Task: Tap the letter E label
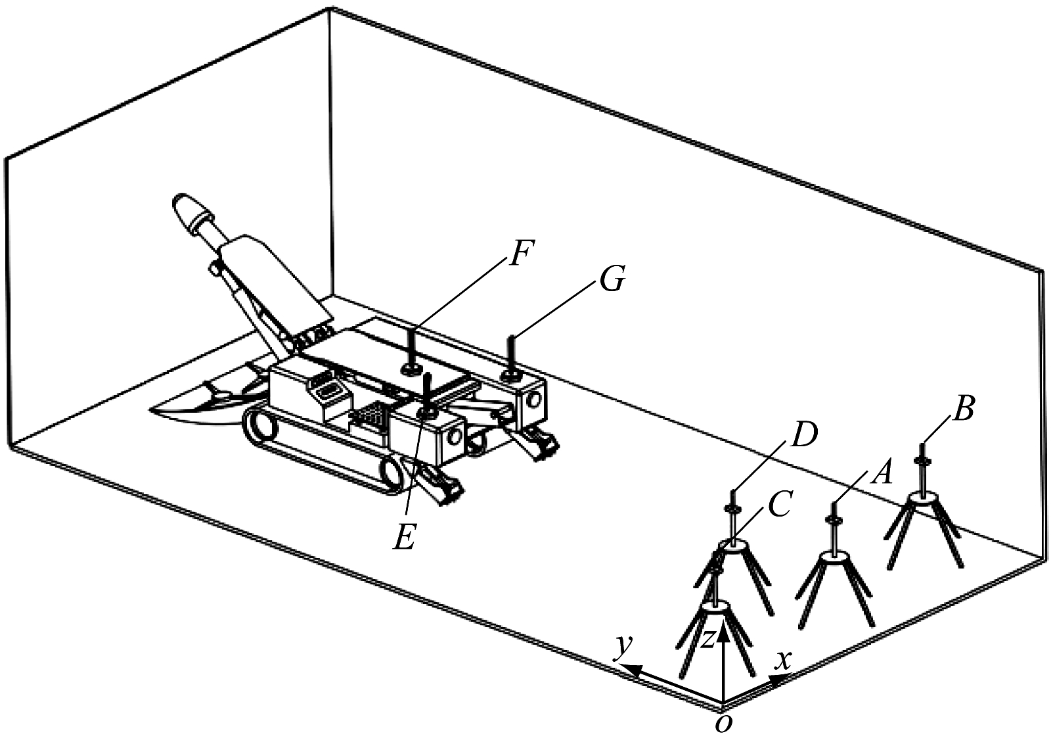coord(404,536)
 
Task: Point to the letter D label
coord(803,435)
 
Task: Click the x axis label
coord(784,661)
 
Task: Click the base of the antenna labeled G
coord(510,375)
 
